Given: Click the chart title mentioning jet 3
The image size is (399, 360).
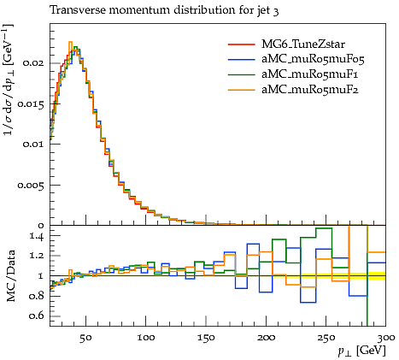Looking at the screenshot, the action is pos(164,10).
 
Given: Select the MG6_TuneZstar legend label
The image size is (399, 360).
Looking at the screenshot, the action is pos(303,44).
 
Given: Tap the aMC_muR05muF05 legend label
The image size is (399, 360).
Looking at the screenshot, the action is pos(313,59).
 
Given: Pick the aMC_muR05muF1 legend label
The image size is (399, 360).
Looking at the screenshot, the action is pos(310,74).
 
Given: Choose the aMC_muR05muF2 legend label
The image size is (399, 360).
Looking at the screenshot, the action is pos(310,90).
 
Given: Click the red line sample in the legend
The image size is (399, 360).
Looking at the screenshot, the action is pos(241,44).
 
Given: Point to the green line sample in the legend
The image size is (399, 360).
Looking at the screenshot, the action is pos(241,74).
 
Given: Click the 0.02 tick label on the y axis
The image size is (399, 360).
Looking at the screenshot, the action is pos(34,63).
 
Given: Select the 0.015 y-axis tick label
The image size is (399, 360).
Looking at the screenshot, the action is pos(31,104).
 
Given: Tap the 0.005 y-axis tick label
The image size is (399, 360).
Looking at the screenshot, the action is pos(31,186).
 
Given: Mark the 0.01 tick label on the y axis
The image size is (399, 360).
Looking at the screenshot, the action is pos(34,145).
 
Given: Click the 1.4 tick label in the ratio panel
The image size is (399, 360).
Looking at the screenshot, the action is pos(38,236).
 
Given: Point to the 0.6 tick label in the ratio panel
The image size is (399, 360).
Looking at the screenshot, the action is pos(37,316).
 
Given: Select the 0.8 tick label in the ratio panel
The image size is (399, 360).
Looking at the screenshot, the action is pos(37,296).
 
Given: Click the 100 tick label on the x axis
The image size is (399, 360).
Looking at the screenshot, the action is pos(146,338).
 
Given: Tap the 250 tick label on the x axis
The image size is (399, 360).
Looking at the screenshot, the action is pos(326,338).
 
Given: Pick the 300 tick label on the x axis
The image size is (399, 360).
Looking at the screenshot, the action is pos(386,338).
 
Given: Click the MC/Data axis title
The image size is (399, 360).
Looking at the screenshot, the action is pos(11,276).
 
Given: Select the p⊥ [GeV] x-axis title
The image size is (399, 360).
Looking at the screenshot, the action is pos(362,351).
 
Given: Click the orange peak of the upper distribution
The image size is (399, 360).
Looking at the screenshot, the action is pos(70,42).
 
